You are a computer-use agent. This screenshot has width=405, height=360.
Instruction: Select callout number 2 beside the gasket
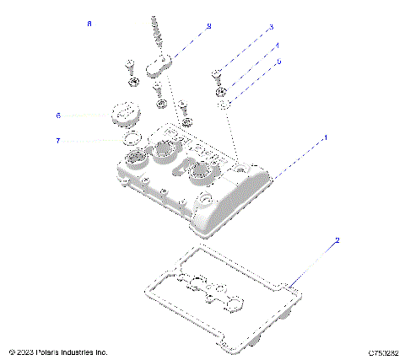tap(337, 240)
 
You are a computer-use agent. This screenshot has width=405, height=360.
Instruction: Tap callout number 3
tap(271, 27)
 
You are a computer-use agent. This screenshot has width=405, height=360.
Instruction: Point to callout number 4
tap(278, 46)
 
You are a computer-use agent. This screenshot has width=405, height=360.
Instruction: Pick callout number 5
tap(279, 62)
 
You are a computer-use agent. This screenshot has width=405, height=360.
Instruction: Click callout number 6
tap(58, 116)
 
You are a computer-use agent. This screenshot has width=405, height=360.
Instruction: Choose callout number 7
tap(58, 140)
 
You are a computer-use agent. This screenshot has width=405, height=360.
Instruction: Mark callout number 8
tap(89, 24)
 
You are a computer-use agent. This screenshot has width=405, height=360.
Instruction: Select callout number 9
tap(208, 27)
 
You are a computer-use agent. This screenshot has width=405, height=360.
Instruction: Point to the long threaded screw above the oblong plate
tap(156, 34)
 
